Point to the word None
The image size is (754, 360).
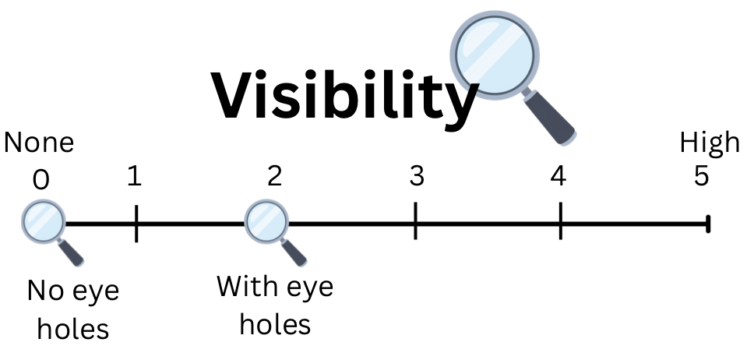(39, 143)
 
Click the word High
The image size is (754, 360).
(709, 143)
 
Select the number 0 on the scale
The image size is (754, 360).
(41, 180)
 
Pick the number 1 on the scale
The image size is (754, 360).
(134, 178)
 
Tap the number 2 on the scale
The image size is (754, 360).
(274, 177)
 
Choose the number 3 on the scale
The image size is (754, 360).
(416, 177)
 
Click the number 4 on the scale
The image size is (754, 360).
(558, 177)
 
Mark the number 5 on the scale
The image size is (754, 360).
(701, 177)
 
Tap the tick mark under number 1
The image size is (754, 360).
(136, 224)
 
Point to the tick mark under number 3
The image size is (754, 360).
(415, 221)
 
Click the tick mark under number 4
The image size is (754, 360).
(560, 222)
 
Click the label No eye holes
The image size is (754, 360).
(72, 310)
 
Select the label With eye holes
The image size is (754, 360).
(275, 305)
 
